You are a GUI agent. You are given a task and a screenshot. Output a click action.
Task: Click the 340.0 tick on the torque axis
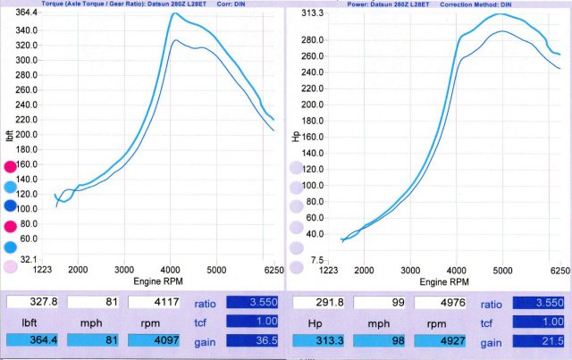pyautogui.click(x=27, y=29)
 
